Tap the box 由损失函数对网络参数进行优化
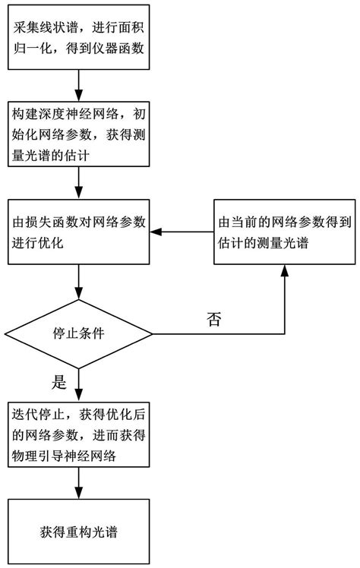[79, 232]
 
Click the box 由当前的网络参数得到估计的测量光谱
[283, 232]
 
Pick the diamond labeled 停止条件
[79, 333]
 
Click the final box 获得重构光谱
[79, 532]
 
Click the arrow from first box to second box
[79, 84]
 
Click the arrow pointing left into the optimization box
[182, 232]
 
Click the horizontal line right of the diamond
[220, 333]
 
